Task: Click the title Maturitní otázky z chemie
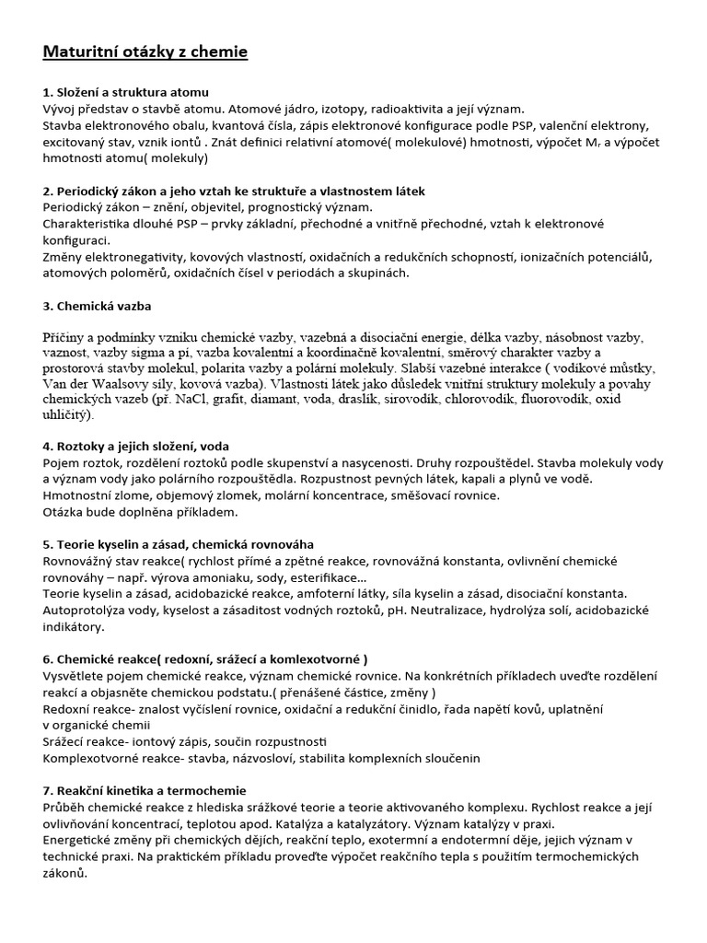click(x=145, y=52)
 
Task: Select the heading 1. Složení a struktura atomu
click(x=126, y=92)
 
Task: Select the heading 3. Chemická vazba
click(x=98, y=305)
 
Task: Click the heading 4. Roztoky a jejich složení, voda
click(x=136, y=447)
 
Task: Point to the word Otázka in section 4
click(x=67, y=512)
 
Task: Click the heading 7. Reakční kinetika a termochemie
click(x=145, y=790)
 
